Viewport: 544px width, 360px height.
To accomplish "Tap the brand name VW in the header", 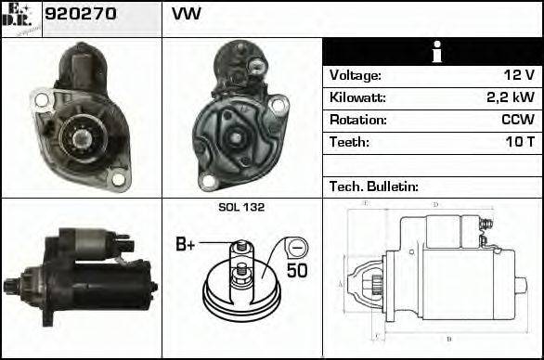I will (186, 16).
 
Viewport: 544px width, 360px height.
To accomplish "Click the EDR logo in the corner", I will (21, 18).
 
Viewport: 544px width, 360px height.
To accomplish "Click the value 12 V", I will (516, 76).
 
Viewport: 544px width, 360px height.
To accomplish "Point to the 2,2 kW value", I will (511, 98).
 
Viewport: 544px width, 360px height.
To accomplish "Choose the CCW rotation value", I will (517, 121).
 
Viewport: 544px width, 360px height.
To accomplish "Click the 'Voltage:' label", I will (356, 76).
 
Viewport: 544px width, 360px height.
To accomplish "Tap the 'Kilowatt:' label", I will (357, 98).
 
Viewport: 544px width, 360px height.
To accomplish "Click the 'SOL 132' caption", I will (241, 208).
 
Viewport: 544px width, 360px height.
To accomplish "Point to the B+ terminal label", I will (187, 245).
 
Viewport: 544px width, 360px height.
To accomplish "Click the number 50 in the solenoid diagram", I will (296, 272).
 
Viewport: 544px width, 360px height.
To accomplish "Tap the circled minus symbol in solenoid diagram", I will (295, 248).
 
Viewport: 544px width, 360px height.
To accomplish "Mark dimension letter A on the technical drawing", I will (342, 283).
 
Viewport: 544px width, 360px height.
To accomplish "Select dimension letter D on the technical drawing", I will (435, 204).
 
